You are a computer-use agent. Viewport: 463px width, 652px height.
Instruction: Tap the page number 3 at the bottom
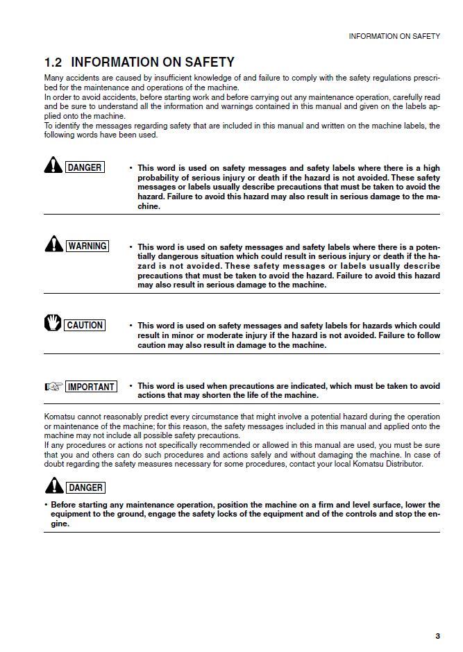[x=437, y=635]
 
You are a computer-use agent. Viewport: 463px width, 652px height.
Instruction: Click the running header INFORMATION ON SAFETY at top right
[x=394, y=36]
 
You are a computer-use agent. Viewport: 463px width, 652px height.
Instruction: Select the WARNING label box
[x=87, y=246]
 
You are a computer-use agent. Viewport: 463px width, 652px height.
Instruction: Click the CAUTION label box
[x=85, y=325]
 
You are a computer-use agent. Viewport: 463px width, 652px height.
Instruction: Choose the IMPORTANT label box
[x=91, y=387]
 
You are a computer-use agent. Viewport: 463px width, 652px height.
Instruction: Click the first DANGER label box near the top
[x=85, y=167]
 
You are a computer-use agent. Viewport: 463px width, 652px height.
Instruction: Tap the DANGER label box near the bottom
[x=86, y=487]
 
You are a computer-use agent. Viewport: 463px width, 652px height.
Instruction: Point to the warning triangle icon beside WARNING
[x=53, y=244]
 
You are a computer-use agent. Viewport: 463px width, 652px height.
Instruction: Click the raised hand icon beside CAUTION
[x=53, y=324]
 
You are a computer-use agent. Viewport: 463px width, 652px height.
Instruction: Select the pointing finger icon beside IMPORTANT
[x=53, y=387]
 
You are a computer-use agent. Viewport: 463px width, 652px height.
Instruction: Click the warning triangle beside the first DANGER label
[x=53, y=166]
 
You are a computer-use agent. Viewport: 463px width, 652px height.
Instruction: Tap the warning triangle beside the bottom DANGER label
[x=55, y=486]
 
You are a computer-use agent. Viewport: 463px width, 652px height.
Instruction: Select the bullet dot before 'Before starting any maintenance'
[x=46, y=505]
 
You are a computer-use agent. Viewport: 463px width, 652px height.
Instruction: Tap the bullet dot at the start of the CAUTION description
[x=131, y=326]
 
